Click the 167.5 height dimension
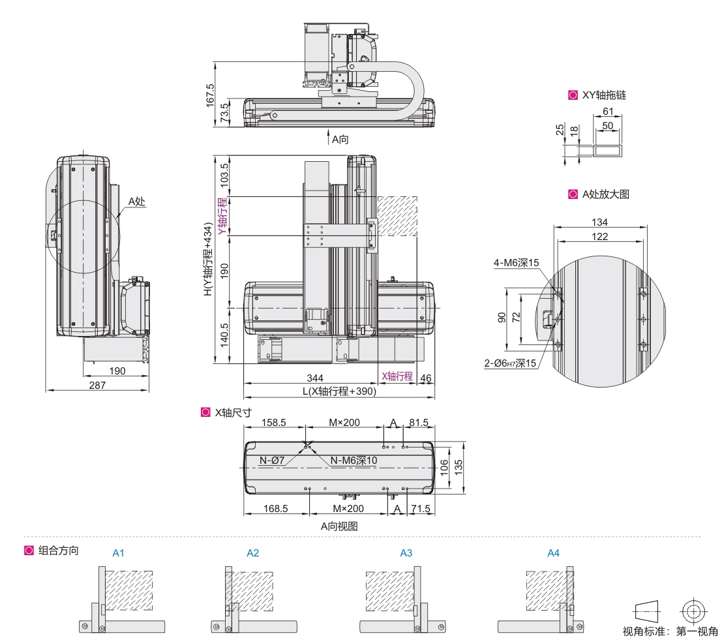[x=210, y=95]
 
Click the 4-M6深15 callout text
[x=517, y=263]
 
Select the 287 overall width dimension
[x=97, y=385]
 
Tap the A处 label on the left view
[x=136, y=202]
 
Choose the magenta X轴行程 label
[x=397, y=376]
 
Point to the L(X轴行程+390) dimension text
[x=339, y=391]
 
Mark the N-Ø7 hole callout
[x=271, y=461]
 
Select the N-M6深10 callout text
[x=354, y=461]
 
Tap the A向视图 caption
[x=339, y=526]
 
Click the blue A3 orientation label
[x=406, y=553]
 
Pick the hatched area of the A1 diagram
[x=128, y=590]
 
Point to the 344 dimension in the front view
[x=315, y=378]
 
